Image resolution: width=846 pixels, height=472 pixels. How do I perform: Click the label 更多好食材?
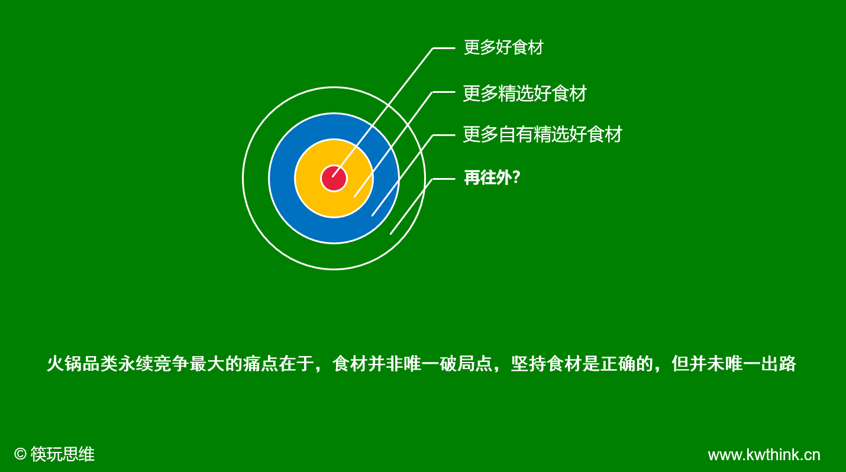[x=503, y=47]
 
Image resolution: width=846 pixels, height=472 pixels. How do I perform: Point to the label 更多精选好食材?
[x=525, y=93]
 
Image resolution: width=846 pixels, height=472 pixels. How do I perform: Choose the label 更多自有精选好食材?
[x=543, y=134]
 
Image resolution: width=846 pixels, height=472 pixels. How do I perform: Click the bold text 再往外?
[x=492, y=177]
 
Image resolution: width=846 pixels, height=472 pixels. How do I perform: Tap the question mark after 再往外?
[x=516, y=177]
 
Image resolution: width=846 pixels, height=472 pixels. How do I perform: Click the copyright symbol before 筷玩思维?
[x=20, y=454]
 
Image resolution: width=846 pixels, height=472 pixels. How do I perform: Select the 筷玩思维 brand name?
[x=63, y=454]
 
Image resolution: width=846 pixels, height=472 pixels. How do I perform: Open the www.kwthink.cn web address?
[x=764, y=455]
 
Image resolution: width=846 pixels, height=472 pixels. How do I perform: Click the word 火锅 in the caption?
[x=64, y=364]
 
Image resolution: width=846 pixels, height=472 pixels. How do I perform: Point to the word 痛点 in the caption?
[x=261, y=364]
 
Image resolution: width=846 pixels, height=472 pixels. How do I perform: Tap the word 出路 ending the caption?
[x=779, y=364]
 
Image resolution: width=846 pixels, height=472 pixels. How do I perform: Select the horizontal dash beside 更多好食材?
[x=444, y=49]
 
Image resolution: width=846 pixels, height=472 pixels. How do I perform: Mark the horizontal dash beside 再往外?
[x=444, y=179]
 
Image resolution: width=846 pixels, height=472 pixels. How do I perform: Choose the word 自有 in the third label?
[x=516, y=134]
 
